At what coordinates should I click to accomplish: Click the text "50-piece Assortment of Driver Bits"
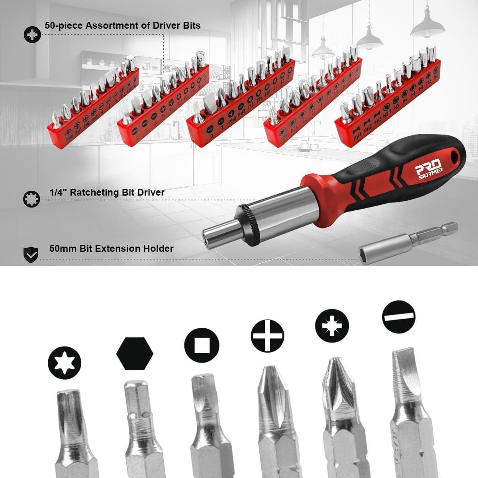[122, 25]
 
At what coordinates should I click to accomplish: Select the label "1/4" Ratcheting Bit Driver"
[107, 192]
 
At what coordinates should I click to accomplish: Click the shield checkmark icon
[31, 253]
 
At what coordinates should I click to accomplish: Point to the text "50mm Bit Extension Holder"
[111, 249]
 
